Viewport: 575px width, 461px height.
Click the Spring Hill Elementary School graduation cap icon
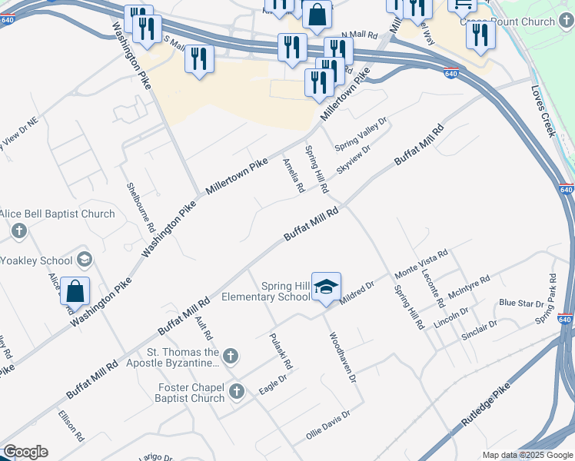point(326,287)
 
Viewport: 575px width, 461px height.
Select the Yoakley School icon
point(83,259)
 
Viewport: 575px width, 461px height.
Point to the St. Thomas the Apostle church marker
point(230,355)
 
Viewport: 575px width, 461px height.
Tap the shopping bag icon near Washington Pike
point(75,291)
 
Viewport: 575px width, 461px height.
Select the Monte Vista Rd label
point(420,264)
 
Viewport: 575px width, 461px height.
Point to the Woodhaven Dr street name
point(343,357)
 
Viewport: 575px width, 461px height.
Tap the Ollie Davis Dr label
point(327,424)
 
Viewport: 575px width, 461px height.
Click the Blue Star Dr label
point(521,303)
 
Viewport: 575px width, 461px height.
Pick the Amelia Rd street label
point(293,176)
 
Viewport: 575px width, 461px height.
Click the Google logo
point(25,452)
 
